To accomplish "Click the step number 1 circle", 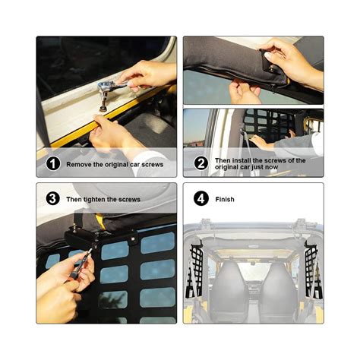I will (52, 163).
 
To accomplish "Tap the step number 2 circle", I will (201, 163).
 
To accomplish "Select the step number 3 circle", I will (52, 199).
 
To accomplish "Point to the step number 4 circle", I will (201, 199).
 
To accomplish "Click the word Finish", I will (225, 200).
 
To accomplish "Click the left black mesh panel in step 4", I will (195, 266).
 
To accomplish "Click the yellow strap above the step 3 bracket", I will (98, 221).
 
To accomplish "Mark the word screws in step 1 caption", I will (151, 164).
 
